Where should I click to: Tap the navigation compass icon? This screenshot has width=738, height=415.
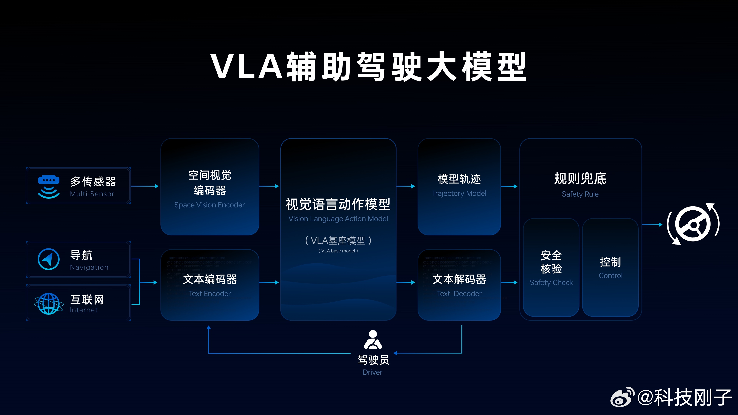tap(49, 259)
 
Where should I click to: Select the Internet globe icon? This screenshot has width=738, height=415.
tap(49, 304)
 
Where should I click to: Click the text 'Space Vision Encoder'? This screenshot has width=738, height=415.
tap(209, 205)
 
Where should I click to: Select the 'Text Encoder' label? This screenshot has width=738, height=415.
tap(210, 294)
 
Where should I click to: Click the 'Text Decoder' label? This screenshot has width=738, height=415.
tap(459, 294)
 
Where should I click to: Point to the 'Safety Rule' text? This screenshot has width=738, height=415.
tap(580, 194)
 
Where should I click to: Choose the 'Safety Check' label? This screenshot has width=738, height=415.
tap(551, 283)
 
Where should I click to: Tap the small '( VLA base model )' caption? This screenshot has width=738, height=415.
tap(338, 251)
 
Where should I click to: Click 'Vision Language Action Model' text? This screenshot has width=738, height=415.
tap(338, 219)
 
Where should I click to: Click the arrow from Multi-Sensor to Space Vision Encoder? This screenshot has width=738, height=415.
tap(145, 186)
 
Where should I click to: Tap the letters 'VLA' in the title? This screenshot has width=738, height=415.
tap(247, 66)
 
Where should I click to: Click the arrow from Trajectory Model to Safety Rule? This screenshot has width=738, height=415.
tap(509, 186)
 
